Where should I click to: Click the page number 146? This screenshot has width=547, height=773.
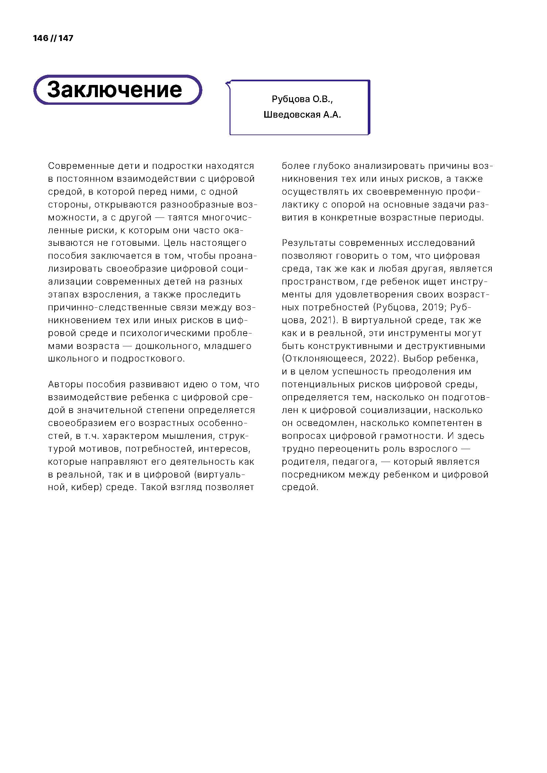click(x=40, y=38)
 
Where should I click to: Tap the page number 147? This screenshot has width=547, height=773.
click(x=66, y=38)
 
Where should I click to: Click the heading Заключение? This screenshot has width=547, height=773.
click(x=114, y=90)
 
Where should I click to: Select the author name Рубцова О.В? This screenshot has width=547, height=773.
click(x=302, y=99)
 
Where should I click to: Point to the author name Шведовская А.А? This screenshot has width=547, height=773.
click(x=302, y=115)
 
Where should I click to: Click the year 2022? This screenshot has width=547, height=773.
click(x=382, y=359)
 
